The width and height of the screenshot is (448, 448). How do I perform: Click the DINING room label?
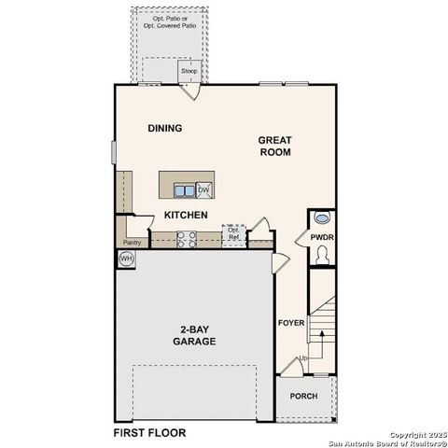[164, 129]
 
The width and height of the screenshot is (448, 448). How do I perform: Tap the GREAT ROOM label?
[275, 146]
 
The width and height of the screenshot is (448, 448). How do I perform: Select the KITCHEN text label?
[186, 216]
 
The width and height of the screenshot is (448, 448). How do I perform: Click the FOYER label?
[291, 323]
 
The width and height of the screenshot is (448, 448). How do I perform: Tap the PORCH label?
[303, 396]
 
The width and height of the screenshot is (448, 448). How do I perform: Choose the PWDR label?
[322, 238]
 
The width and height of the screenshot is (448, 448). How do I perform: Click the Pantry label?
[131, 243]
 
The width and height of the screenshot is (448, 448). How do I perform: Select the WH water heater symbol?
[127, 258]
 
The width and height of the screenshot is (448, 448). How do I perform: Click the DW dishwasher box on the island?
[203, 190]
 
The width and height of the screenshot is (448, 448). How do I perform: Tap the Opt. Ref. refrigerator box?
[233, 234]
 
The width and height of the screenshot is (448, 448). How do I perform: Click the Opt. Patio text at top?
[170, 19]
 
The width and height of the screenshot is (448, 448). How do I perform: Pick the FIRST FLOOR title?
[149, 433]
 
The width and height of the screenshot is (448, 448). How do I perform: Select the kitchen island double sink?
[184, 191]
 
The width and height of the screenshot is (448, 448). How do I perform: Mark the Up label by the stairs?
[303, 359]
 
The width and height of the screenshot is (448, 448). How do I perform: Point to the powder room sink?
[323, 218]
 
